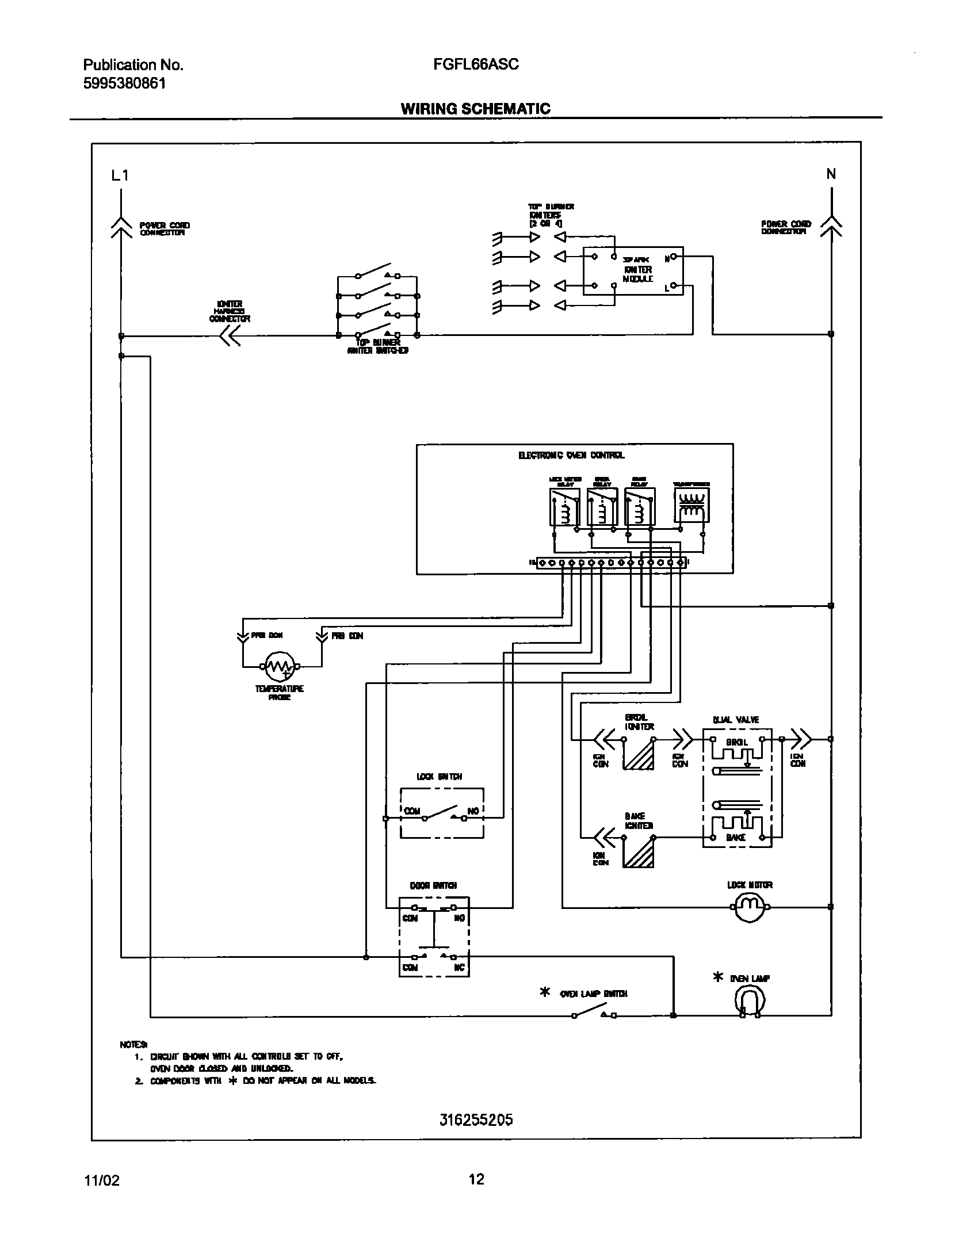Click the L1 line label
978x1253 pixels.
click(120, 175)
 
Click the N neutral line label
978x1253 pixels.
click(831, 174)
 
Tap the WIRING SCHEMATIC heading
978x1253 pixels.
click(475, 109)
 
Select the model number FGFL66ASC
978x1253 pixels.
click(476, 64)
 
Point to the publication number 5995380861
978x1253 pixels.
click(125, 83)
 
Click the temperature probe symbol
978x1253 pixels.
click(280, 666)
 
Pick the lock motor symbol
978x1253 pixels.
click(749, 907)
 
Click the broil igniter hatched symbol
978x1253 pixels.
click(639, 753)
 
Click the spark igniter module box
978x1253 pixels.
click(633, 271)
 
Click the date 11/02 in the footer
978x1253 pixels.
click(102, 1181)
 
